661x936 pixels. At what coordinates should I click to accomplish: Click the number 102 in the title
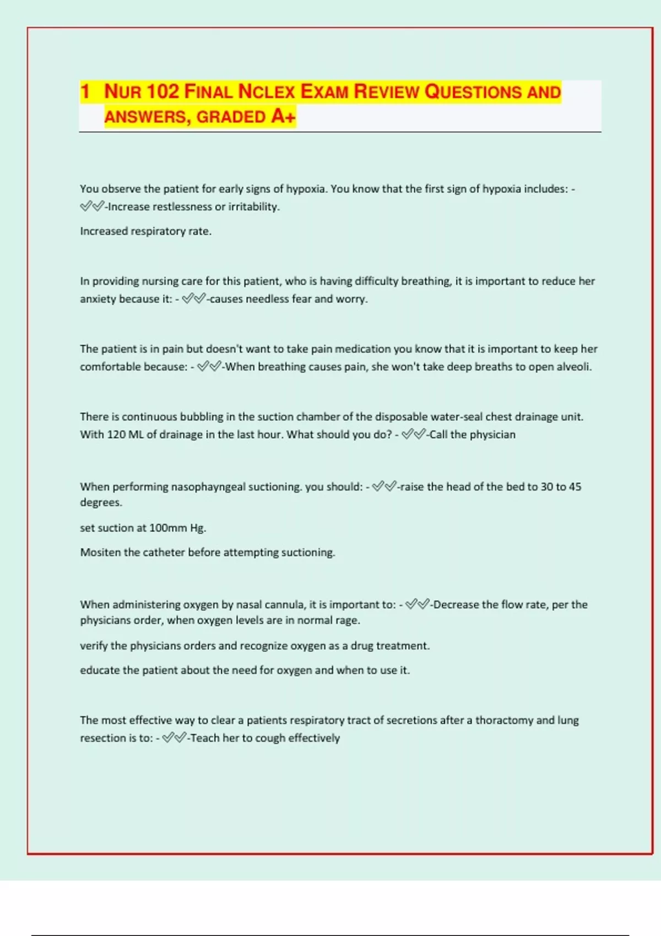(x=164, y=91)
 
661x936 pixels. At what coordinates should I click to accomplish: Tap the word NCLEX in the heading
(x=266, y=91)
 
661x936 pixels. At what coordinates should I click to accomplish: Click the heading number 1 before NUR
(x=85, y=91)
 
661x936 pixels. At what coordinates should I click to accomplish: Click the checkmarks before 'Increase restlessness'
(x=91, y=207)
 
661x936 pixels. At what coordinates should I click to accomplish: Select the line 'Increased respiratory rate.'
(x=145, y=231)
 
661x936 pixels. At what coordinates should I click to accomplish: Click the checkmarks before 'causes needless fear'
(x=193, y=299)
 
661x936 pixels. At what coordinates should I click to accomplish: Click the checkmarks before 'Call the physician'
(x=413, y=434)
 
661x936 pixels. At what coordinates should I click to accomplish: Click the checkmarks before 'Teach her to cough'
(x=174, y=738)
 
